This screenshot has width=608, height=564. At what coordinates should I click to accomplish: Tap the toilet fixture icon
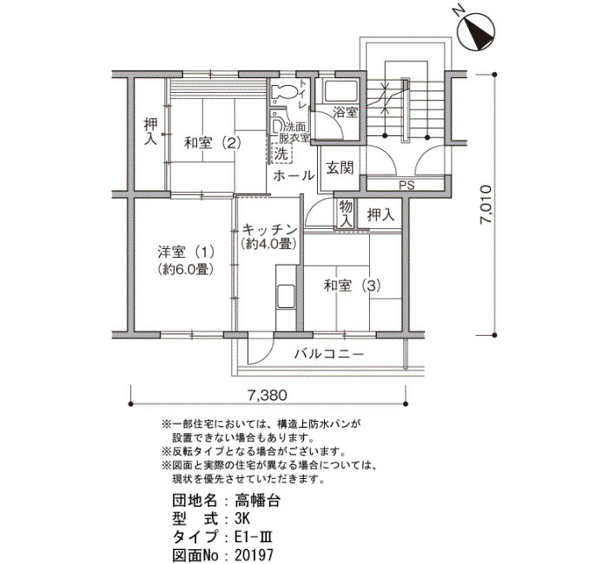[283, 92]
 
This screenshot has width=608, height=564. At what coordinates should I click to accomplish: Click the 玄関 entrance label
[340, 167]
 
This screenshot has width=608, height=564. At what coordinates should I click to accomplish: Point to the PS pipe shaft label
[406, 185]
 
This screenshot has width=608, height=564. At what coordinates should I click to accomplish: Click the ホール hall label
[294, 175]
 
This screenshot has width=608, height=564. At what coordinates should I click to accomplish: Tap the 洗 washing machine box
[282, 154]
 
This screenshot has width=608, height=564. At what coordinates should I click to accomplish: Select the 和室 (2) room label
[213, 143]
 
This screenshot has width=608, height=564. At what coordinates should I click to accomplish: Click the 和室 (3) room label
[352, 285]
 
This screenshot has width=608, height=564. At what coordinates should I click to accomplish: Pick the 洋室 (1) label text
[186, 252]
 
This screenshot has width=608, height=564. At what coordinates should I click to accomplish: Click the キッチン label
[269, 230]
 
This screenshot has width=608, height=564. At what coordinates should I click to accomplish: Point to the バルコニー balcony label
[329, 354]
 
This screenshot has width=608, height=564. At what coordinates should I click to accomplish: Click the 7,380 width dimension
[268, 395]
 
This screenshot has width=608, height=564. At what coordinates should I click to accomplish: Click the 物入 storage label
[346, 213]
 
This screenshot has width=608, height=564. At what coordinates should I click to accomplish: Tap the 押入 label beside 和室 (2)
[150, 132]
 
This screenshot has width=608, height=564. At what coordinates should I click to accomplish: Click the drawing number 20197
[254, 554]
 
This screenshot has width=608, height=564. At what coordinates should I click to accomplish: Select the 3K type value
[242, 518]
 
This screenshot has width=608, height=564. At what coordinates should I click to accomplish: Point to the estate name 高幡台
[257, 501]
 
